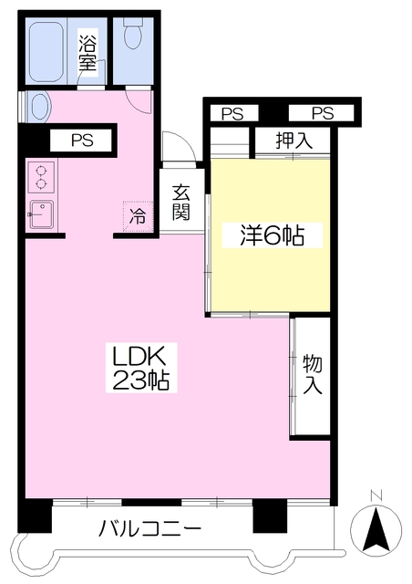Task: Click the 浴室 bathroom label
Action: click(88, 53)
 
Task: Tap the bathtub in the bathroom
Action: click(46, 51)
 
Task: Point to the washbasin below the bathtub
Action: click(39, 106)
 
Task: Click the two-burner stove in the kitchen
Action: click(41, 177)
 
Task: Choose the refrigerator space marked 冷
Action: click(138, 216)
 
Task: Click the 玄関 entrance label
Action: click(180, 203)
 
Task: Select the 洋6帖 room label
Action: click(272, 235)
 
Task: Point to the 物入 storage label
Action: click(312, 374)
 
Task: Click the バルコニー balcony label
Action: click(149, 528)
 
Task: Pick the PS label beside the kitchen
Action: click(82, 141)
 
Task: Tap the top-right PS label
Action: click(323, 113)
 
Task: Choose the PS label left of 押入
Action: click(232, 113)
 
